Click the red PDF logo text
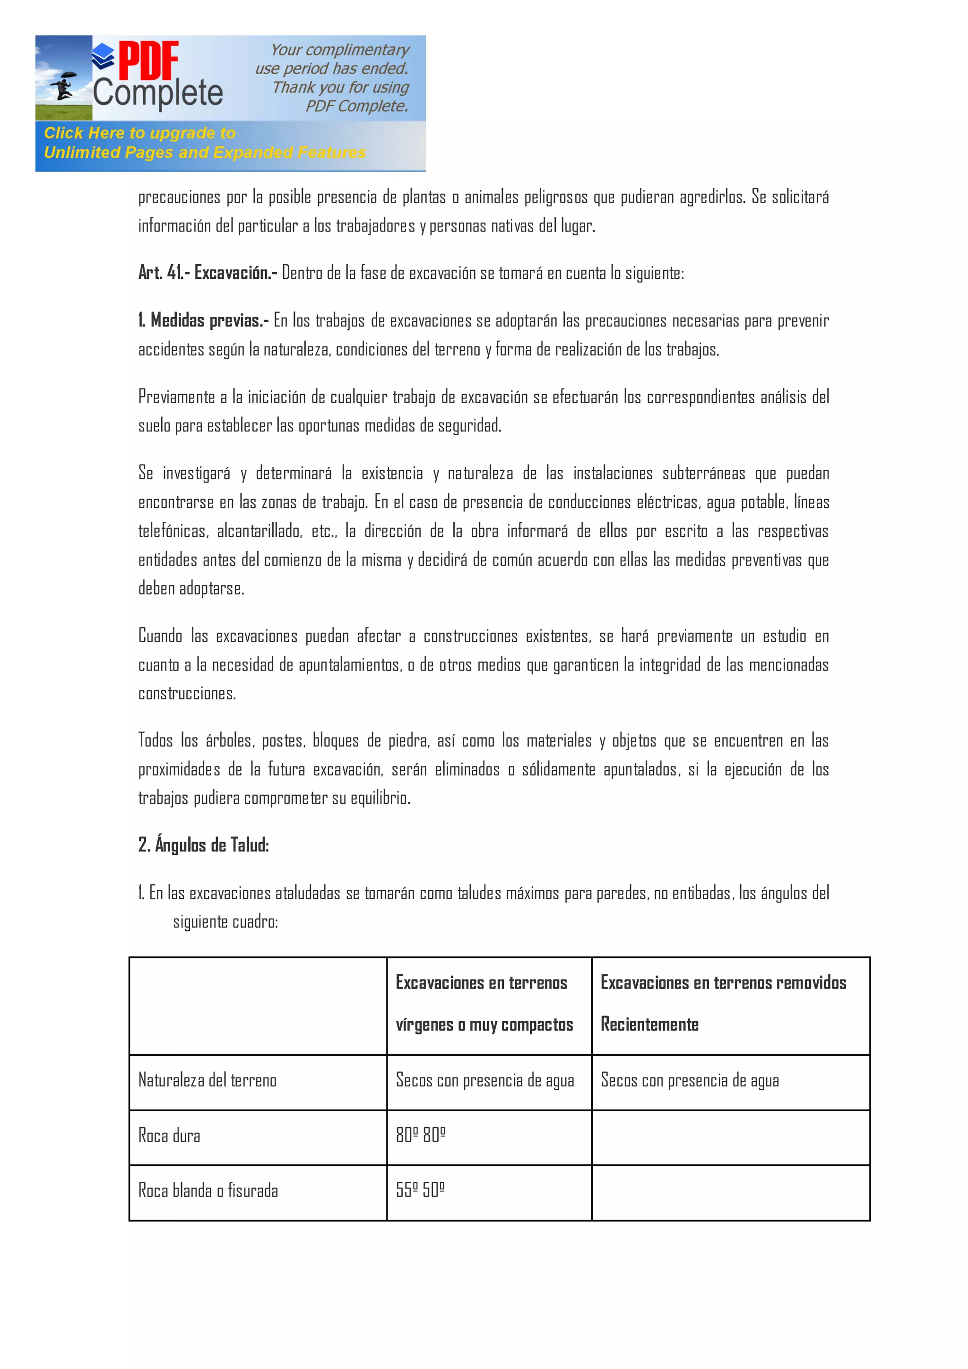(148, 61)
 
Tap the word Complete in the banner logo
(157, 93)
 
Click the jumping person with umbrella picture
(63, 85)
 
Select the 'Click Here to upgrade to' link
(139, 133)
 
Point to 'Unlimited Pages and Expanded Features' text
(204, 153)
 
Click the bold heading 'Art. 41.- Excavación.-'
(207, 273)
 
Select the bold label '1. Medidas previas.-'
(203, 321)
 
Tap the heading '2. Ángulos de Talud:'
(203, 845)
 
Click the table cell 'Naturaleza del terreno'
(207, 1080)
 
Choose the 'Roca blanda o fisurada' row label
(207, 1191)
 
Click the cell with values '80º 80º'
(421, 1135)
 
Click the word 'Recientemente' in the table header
(649, 1025)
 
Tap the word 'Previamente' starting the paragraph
(176, 397)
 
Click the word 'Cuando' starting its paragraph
(160, 636)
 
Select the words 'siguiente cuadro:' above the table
(225, 922)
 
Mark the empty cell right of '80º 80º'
(730, 1137)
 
